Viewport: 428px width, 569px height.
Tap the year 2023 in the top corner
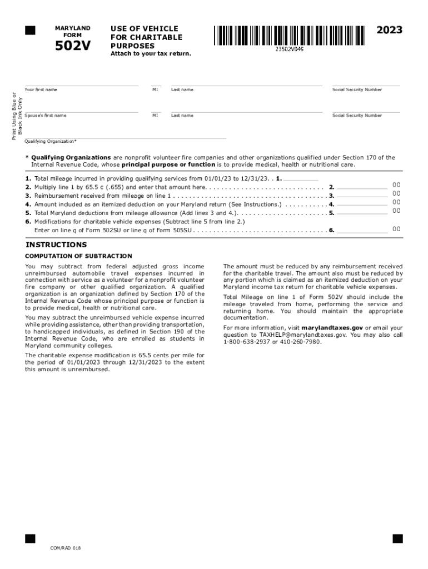[389, 30]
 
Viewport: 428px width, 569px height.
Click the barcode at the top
[288, 36]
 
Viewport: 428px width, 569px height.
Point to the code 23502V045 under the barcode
[289, 49]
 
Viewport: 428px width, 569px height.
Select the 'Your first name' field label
[41, 89]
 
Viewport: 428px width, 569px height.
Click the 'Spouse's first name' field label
[45, 116]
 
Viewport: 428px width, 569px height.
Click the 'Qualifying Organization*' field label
[51, 141]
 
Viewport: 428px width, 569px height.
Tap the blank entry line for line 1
[301, 179]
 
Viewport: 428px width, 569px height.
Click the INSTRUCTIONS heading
[56, 245]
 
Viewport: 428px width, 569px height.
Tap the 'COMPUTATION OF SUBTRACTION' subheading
[78, 256]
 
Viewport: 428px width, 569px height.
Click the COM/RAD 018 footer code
[66, 548]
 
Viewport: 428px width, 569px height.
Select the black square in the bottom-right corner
[397, 538]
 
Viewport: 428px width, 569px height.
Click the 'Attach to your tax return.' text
[150, 53]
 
